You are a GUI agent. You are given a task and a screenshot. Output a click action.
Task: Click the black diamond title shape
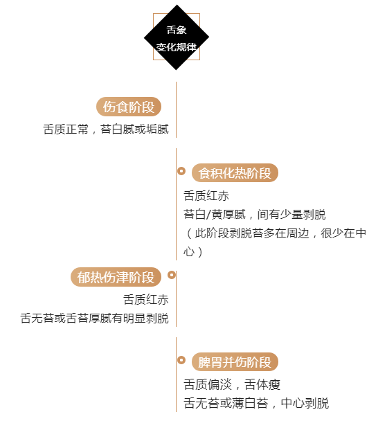tap(177, 37)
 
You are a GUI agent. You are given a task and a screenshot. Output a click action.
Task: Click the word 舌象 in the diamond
tap(177, 30)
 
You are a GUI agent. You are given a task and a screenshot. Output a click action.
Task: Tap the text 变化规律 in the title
tap(177, 47)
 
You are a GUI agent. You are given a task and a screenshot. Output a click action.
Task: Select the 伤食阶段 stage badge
tap(129, 107)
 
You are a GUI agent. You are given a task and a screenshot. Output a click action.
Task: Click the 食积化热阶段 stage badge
tap(235, 172)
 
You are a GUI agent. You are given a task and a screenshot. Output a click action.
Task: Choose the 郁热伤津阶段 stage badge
tap(116, 277)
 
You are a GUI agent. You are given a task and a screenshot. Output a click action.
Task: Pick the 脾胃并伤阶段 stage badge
tap(235, 361)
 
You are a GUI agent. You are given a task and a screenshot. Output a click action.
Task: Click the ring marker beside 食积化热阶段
tap(181, 171)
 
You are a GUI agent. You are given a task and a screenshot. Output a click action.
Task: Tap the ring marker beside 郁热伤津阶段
tap(172, 275)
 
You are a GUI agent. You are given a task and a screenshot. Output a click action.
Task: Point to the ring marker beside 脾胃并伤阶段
tap(181, 360)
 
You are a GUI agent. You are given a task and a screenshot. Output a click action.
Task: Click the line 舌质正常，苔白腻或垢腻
tap(106, 129)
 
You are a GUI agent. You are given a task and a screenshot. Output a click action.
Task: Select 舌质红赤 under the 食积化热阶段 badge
tap(206, 195)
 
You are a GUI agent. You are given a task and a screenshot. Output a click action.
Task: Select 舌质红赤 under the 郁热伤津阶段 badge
tap(146, 299)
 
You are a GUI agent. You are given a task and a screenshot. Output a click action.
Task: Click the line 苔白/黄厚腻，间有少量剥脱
tap(255, 214)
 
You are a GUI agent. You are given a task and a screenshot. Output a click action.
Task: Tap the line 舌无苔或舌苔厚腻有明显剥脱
tap(94, 318)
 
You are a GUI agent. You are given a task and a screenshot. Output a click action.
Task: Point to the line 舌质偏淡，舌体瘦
tap(232, 384)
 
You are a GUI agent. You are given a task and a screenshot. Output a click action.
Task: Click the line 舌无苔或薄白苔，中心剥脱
tap(256, 403)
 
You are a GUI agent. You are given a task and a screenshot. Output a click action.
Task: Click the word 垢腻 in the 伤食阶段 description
tap(158, 129)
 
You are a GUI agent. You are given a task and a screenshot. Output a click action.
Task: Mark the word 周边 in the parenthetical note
tap(297, 233)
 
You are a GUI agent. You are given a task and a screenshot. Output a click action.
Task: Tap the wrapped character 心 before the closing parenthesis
tap(189, 252)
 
